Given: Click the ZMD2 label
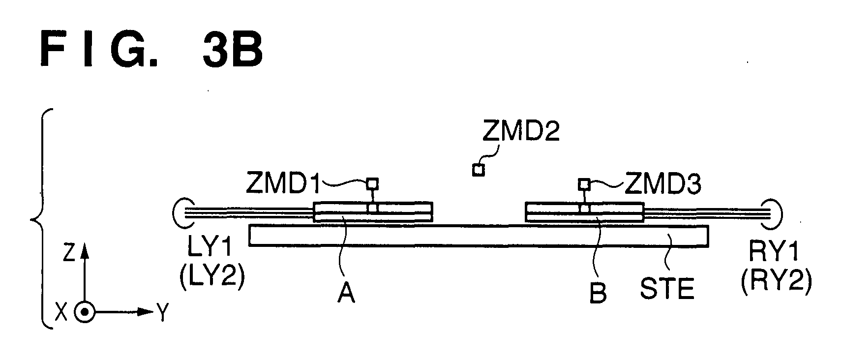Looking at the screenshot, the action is click(x=521, y=131).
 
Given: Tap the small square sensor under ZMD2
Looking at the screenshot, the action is click(x=478, y=170).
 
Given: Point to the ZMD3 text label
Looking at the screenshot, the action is click(x=662, y=184).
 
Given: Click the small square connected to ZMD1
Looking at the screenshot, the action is click(x=372, y=184).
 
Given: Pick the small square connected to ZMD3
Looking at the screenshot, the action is click(x=584, y=184).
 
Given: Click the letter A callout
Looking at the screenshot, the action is click(x=346, y=293).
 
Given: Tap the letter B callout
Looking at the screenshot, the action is click(x=598, y=293).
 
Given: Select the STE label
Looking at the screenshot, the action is click(x=667, y=289).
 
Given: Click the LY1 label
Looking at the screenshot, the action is click(x=210, y=247).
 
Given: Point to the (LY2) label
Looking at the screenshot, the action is click(x=212, y=277).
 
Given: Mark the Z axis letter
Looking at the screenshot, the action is click(x=69, y=252).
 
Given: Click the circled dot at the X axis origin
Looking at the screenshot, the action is click(x=85, y=312).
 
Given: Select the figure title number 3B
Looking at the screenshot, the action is click(x=232, y=50).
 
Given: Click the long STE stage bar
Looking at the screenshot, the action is click(x=479, y=236).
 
